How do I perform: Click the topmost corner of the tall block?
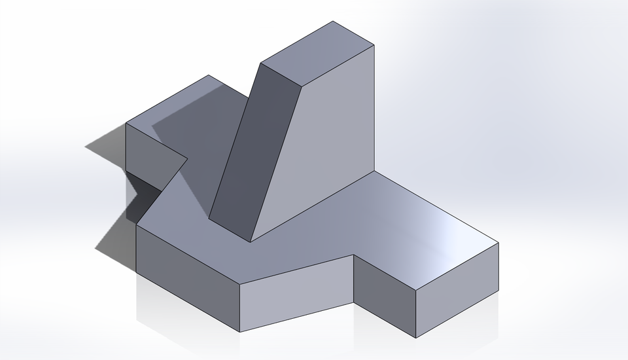coord(333,22)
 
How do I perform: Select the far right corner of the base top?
coord(498,243)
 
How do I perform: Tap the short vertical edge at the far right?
coord(498,268)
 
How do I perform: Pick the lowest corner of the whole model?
coord(416,338)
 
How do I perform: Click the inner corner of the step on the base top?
coord(354,255)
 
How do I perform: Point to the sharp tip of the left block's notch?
coord(188,158)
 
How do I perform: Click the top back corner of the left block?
coord(209,75)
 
